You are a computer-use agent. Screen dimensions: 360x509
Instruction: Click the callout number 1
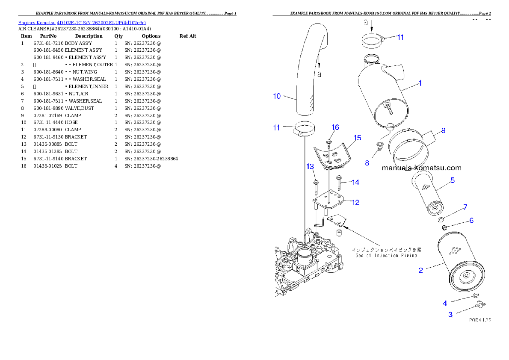pyautogui.click(x=420, y=83)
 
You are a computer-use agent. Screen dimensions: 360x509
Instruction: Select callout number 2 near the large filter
pyautogui.click(x=420, y=270)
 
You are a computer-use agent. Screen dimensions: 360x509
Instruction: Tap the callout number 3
pyautogui.click(x=450, y=315)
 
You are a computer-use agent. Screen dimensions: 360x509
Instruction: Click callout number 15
pyautogui.click(x=357, y=138)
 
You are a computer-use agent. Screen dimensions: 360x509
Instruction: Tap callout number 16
pyautogui.click(x=335, y=127)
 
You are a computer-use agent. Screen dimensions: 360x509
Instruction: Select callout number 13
pyautogui.click(x=310, y=166)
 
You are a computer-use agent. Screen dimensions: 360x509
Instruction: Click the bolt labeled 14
pyautogui.click(x=339, y=183)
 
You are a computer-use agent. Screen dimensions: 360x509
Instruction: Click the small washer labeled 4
pyautogui.click(x=475, y=296)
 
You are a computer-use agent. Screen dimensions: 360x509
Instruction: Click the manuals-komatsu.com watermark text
pyautogui.click(x=421, y=168)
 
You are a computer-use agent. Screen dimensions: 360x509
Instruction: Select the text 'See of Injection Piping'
pyautogui.click(x=386, y=256)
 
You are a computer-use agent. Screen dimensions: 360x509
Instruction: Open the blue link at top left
pyautogui.click(x=82, y=22)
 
